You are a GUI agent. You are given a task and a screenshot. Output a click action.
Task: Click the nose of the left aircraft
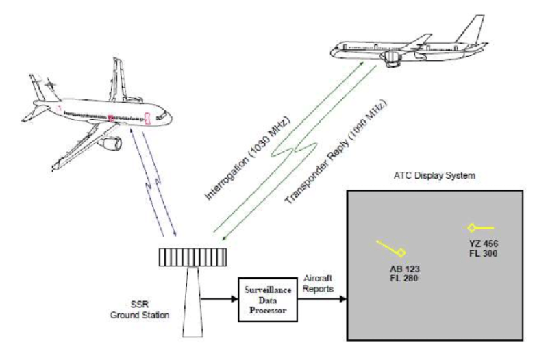pos(169,117)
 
